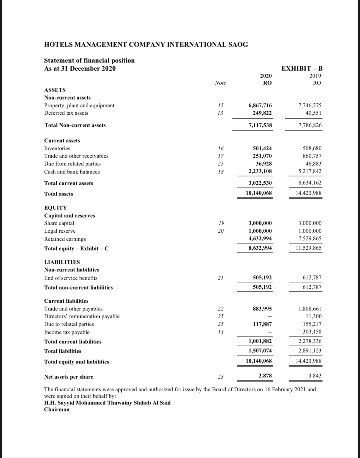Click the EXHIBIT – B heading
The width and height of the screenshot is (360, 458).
click(x=302, y=68)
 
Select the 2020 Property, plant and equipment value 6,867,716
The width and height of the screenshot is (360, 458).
click(x=260, y=105)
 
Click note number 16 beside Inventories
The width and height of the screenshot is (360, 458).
click(x=220, y=148)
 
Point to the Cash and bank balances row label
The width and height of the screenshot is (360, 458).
click(x=72, y=172)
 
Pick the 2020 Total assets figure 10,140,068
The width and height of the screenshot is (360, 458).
click(x=259, y=193)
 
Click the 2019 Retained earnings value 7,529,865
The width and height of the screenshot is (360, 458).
click(x=310, y=238)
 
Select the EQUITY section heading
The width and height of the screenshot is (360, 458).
click(x=56, y=208)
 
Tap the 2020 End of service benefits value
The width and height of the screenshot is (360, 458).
click(x=262, y=278)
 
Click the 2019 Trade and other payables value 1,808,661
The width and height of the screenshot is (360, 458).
click(x=310, y=309)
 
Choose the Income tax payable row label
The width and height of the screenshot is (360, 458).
click(x=67, y=332)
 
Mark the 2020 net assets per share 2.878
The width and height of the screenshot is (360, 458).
click(x=265, y=376)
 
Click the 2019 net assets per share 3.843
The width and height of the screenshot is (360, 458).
click(x=315, y=376)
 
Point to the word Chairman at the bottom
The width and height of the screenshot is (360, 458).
click(x=57, y=409)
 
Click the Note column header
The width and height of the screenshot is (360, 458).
click(x=220, y=83)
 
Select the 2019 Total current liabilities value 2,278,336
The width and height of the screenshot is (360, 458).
click(x=310, y=341)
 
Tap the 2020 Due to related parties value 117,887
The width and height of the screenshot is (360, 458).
click(x=262, y=324)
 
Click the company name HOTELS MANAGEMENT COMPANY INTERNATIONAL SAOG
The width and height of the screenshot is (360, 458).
click(x=146, y=45)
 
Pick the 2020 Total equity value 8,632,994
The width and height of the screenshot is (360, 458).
click(x=260, y=248)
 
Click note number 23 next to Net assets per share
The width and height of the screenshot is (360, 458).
click(x=220, y=377)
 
